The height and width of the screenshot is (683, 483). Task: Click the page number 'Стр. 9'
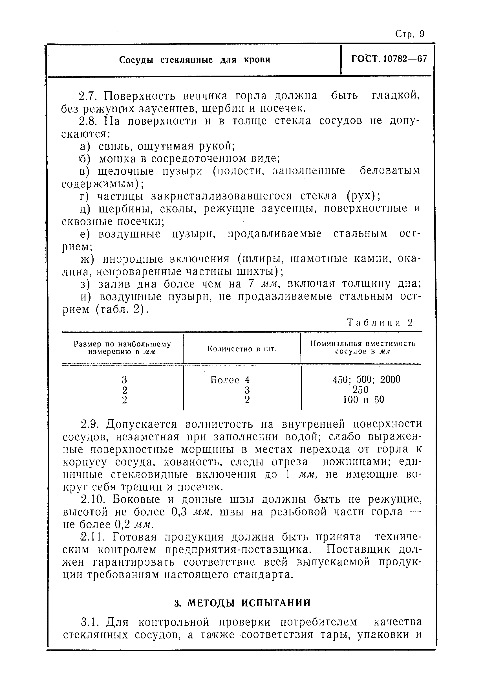410,34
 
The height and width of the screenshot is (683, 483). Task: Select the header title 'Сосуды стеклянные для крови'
195,60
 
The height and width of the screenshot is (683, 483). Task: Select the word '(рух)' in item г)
363,196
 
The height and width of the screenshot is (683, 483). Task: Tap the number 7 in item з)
251,284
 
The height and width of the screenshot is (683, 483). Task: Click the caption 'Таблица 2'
380,323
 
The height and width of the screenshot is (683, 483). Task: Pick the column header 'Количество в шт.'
242,348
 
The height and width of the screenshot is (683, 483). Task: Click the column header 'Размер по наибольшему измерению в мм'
122,348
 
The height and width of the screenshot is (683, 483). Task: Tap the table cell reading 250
360,390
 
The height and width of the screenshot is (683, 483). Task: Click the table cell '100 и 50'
363,400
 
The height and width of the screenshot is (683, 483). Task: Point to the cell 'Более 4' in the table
230,380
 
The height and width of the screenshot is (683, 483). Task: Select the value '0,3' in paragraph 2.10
179,512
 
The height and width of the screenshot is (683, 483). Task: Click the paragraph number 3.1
89,622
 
